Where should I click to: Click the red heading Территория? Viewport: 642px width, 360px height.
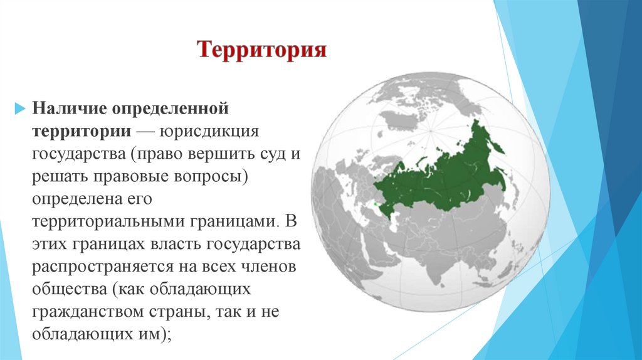point(262,50)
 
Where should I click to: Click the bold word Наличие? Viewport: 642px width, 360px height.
point(70,109)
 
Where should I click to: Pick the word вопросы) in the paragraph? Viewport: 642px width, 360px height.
point(214,177)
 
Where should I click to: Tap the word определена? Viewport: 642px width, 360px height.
point(75,199)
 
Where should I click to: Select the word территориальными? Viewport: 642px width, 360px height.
point(103,222)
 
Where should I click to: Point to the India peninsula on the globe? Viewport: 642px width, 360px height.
point(433,263)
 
